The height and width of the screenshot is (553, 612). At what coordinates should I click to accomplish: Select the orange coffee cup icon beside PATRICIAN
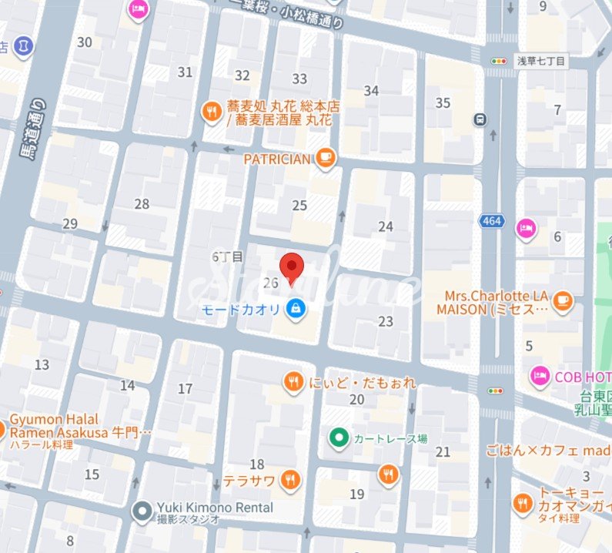(x=326, y=158)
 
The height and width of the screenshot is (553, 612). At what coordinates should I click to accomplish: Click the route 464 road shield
(x=491, y=222)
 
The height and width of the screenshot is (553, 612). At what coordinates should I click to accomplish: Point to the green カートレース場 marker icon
(x=337, y=438)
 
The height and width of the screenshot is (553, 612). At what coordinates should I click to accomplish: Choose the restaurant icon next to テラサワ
(x=290, y=481)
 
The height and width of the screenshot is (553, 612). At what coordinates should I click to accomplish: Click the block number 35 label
(x=443, y=103)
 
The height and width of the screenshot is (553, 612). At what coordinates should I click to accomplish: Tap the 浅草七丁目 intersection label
(x=540, y=61)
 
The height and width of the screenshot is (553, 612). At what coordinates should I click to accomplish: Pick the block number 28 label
(x=142, y=204)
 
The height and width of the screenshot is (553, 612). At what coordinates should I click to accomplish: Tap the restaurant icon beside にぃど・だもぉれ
(x=293, y=381)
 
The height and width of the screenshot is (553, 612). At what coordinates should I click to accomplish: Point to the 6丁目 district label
(x=227, y=256)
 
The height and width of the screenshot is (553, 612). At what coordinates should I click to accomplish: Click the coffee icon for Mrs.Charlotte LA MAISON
(x=563, y=300)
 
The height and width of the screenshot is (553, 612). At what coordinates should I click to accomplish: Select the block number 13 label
(x=42, y=364)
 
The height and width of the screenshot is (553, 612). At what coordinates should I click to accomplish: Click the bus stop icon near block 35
(x=481, y=119)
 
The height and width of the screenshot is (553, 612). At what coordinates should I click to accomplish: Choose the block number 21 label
(x=443, y=451)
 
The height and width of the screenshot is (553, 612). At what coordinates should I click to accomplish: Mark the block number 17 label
(x=185, y=389)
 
